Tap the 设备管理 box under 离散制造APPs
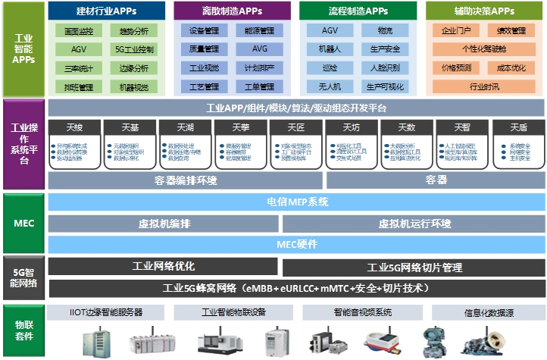203,31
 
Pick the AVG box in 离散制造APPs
261,49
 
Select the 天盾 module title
518,127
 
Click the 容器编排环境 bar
185,180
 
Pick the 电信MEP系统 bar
297,202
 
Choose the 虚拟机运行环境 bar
414,224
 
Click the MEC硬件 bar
297,244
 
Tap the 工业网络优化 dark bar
163,266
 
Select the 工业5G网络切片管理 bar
414,267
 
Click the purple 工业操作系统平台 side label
23,143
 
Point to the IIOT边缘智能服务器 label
105,312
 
